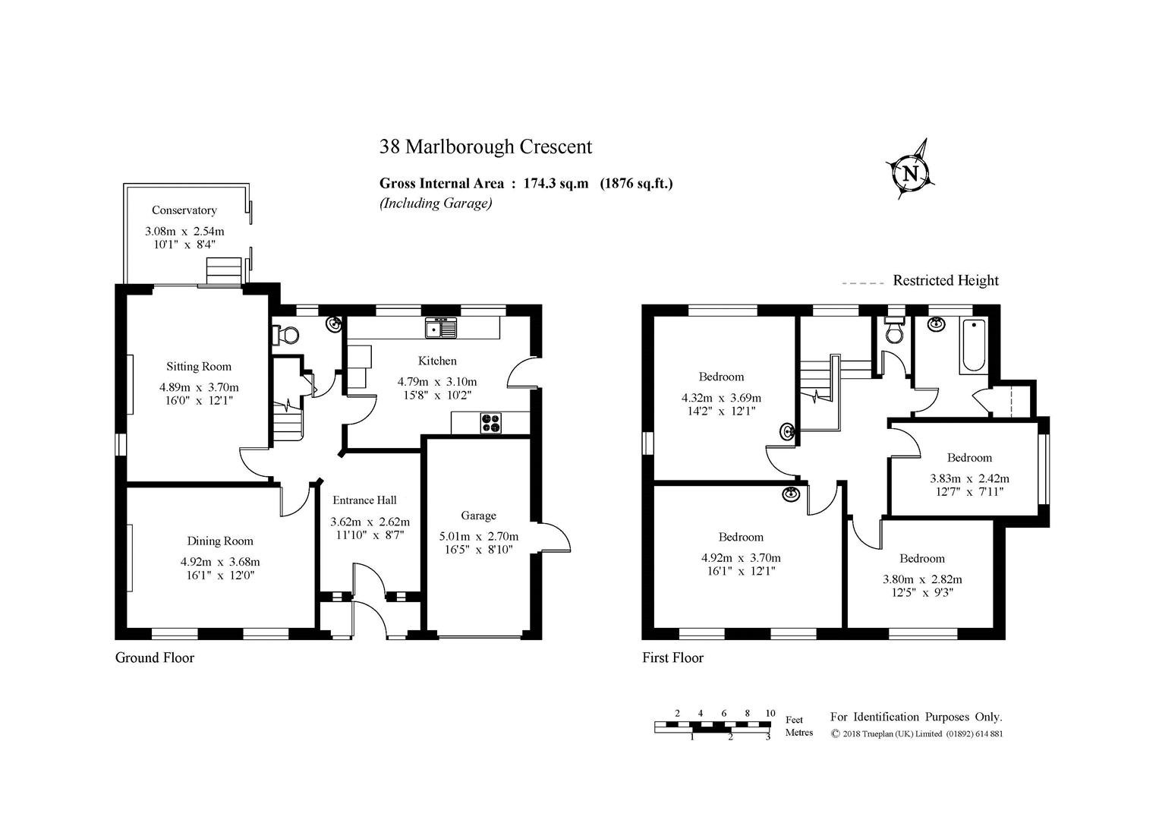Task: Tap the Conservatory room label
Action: [x=184, y=210]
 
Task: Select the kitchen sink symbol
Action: [x=440, y=327]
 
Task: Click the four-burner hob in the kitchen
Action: [x=490, y=422]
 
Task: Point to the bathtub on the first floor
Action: [x=974, y=346]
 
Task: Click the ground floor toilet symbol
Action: [x=285, y=334]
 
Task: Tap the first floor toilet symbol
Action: [x=893, y=330]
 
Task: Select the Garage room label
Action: [x=478, y=516]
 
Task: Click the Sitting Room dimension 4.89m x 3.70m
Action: [x=199, y=387]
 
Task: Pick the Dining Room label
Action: [x=220, y=541]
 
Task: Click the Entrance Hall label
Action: [x=364, y=500]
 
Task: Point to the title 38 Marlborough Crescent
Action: [x=485, y=147]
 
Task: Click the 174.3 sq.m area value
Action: [x=556, y=183]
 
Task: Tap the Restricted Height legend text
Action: [x=945, y=281]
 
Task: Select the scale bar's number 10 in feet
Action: [x=770, y=713]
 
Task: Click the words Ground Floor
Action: [x=154, y=658]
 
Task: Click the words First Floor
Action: [x=672, y=658]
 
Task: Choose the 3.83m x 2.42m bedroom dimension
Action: [x=969, y=479]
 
